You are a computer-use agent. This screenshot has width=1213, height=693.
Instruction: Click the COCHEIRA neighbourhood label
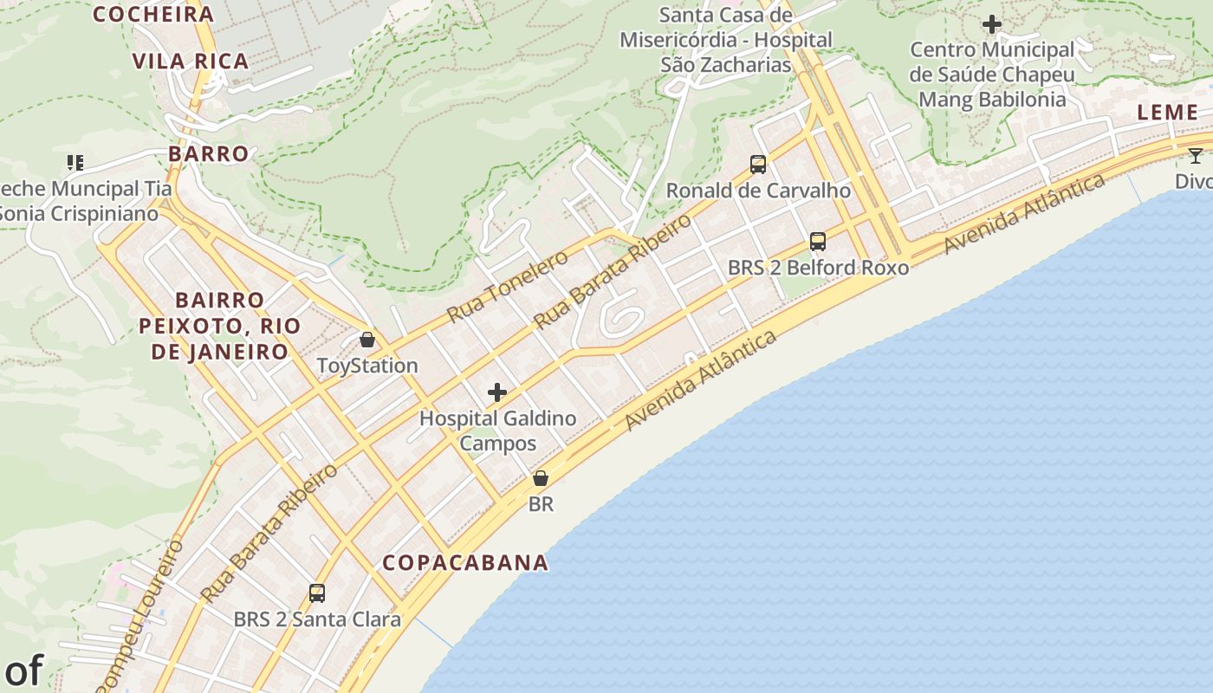(152, 14)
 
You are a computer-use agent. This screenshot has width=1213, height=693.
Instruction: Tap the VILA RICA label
(191, 61)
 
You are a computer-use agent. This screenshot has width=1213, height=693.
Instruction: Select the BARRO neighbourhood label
(209, 153)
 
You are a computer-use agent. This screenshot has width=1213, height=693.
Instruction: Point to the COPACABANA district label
(465, 562)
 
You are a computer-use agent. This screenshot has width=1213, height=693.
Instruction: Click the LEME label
(1167, 112)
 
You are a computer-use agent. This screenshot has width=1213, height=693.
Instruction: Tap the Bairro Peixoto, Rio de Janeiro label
(219, 326)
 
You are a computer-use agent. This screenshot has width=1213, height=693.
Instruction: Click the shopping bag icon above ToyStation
(367, 339)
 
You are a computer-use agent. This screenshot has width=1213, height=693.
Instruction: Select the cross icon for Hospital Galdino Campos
(497, 392)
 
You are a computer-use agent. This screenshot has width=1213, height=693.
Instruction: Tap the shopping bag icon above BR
(541, 477)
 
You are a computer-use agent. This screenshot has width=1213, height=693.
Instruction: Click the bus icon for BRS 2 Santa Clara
(317, 593)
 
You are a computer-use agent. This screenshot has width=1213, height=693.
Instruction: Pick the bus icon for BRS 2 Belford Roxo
(818, 242)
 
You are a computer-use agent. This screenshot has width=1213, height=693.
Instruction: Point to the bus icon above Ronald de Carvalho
(758, 164)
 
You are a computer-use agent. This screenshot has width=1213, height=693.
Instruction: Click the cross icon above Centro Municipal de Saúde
(992, 24)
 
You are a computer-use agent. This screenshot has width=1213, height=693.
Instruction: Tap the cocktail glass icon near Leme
(1196, 155)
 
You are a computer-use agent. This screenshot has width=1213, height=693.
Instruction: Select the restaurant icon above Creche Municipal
(75, 162)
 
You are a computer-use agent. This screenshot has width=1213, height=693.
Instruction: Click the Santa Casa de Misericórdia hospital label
(725, 40)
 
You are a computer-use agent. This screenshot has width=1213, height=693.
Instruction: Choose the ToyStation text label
(367, 366)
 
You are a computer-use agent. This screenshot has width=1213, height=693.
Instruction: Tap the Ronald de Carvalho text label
(758, 190)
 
